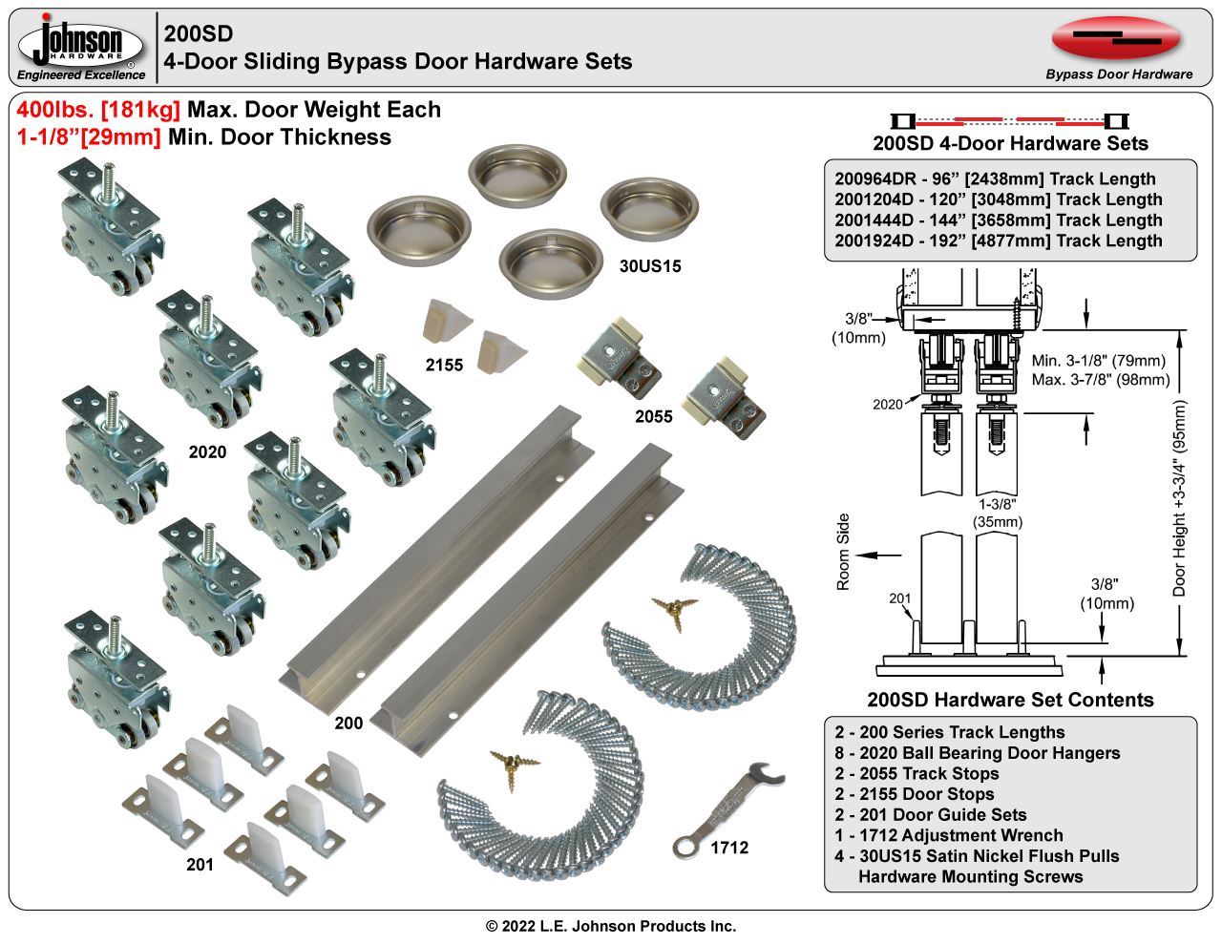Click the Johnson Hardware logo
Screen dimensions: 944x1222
tap(82, 47)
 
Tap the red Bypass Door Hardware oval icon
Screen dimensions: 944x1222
tap(1116, 38)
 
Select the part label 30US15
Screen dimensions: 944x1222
tap(650, 266)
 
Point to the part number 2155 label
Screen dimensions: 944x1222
tap(444, 365)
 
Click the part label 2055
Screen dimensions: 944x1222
tap(654, 416)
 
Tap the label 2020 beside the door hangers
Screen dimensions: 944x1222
tap(207, 452)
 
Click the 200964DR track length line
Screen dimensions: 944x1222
tap(995, 178)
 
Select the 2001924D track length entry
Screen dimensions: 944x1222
tap(999, 241)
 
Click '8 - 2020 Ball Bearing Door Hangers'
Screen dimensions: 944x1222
tap(977, 753)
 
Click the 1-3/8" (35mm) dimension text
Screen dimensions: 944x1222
tap(997, 513)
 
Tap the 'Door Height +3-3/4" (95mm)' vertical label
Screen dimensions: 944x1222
tap(1180, 498)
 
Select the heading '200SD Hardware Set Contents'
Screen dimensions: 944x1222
tap(1010, 700)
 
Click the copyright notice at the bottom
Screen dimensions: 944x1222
tap(611, 926)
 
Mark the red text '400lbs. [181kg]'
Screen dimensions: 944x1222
tap(98, 110)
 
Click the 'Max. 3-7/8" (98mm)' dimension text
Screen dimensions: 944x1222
tap(1100, 380)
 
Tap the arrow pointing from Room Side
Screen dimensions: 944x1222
tap(879, 554)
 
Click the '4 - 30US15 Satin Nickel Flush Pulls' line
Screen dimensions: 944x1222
tap(976, 856)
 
